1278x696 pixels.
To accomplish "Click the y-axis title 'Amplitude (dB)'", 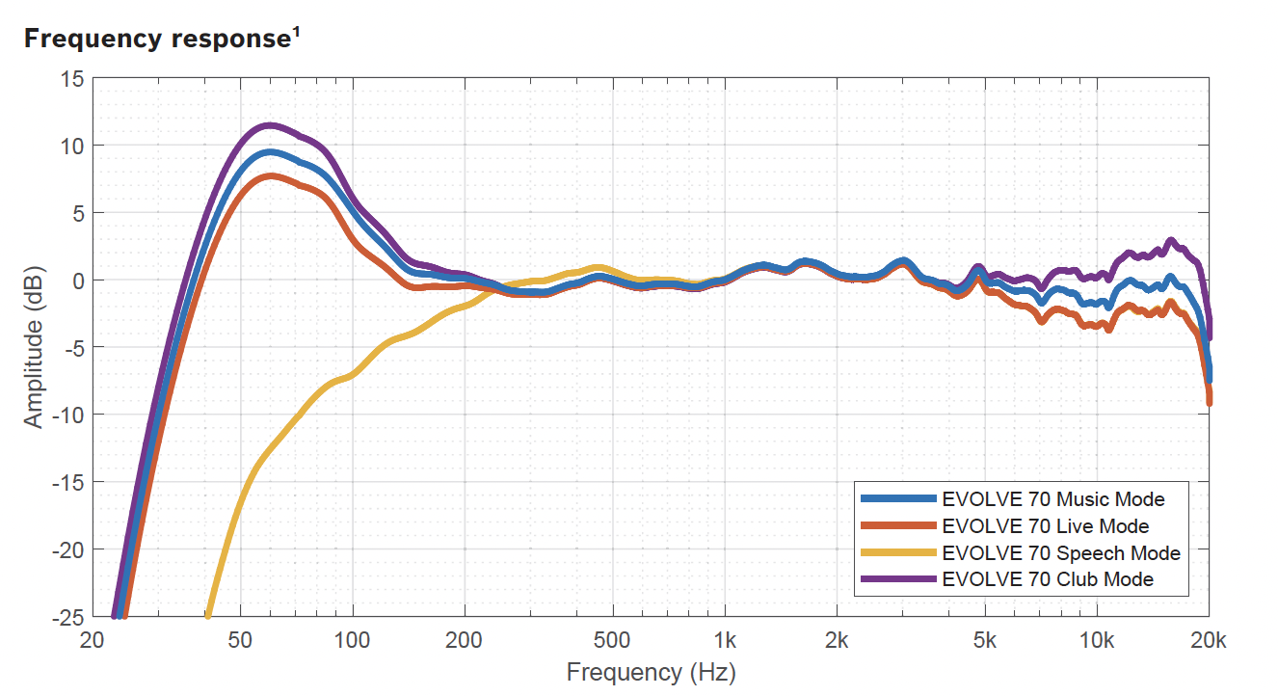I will point(34,346).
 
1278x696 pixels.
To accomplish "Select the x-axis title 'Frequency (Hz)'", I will point(651,671).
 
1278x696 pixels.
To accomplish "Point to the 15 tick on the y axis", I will point(72,78).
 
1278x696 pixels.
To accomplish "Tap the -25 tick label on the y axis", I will point(67,616).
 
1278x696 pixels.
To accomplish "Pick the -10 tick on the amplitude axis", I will point(67,415).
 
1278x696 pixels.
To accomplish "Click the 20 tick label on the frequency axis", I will point(93,640).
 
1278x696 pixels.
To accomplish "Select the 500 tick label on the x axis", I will point(612,640).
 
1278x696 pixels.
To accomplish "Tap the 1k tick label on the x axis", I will point(725,640).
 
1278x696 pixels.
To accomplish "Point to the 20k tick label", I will point(1209,640).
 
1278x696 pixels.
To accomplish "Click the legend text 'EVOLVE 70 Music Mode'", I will point(1053,499).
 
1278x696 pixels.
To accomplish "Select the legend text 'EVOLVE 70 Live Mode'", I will point(1046,526).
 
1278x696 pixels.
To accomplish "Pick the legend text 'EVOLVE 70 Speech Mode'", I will point(1061,553).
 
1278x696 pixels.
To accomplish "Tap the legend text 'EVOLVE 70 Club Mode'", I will point(1048,579).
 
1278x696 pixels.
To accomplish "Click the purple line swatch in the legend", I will point(897,579).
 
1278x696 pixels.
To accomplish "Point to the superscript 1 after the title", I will point(295,33).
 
